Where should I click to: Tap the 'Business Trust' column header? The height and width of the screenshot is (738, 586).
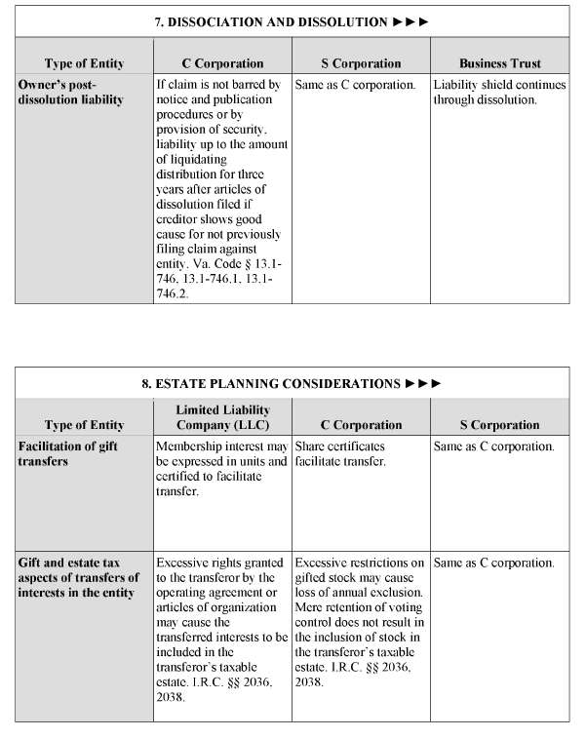click(499, 63)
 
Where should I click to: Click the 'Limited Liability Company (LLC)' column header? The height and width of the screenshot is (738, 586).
click(222, 417)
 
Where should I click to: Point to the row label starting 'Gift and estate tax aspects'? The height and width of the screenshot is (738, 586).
click(78, 576)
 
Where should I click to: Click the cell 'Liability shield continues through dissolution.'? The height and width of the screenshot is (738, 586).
click(499, 92)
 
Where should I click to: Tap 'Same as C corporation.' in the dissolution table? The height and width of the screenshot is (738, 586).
click(356, 85)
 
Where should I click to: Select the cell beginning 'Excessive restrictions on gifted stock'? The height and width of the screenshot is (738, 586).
click(361, 620)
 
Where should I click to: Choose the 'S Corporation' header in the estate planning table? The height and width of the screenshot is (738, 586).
click(499, 425)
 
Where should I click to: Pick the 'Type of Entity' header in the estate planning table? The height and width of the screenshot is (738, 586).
click(84, 425)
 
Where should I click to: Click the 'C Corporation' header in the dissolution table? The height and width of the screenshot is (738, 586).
click(222, 63)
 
